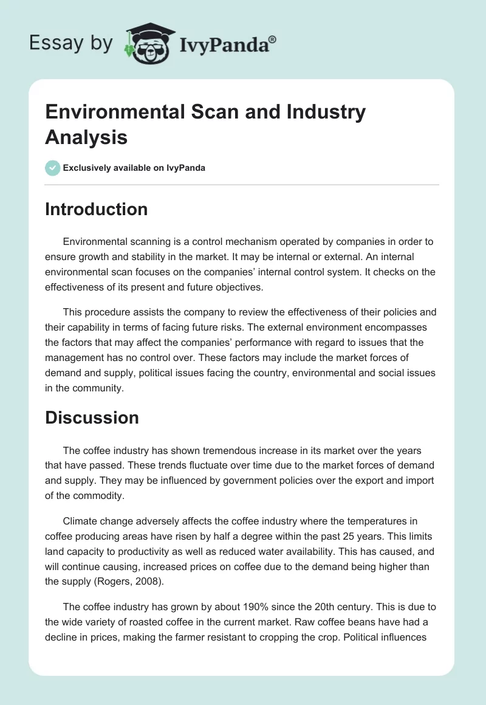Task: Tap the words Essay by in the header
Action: [x=71, y=43]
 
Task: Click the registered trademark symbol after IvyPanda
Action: [x=273, y=40]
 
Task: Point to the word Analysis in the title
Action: [x=86, y=137]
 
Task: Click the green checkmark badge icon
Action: [x=53, y=168]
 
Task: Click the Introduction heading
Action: [x=96, y=209]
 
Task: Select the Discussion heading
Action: [x=92, y=418]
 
